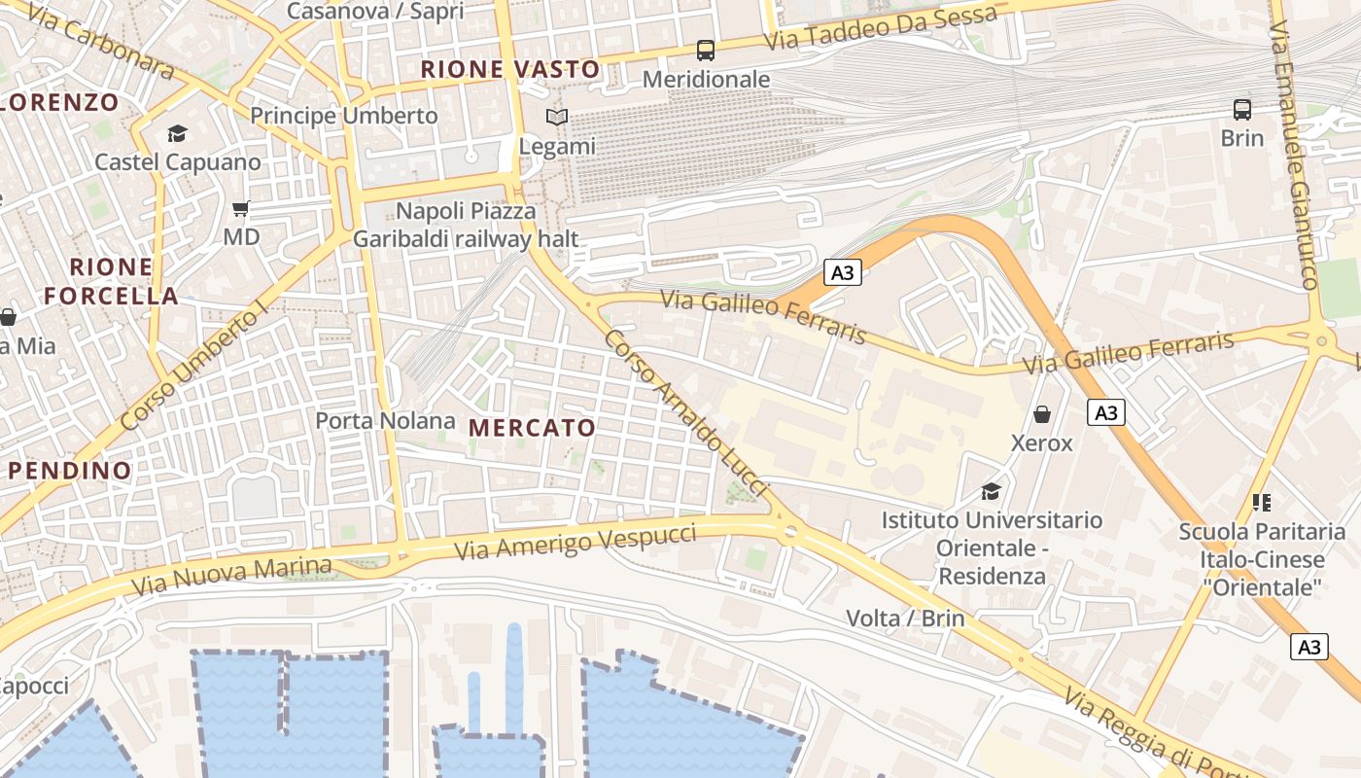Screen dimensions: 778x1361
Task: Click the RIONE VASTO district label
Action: pos(510,69)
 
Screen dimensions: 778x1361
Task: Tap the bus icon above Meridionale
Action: pos(706,51)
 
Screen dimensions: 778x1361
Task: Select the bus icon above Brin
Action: pos(1242,109)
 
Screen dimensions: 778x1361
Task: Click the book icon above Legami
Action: pos(556,118)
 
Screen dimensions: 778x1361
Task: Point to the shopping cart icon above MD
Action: pos(241,208)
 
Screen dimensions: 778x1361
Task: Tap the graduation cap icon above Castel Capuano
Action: pos(177,133)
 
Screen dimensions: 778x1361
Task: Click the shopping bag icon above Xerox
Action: pos(1042,414)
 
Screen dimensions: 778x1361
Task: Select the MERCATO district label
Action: pos(532,428)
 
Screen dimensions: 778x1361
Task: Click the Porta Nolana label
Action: pos(385,421)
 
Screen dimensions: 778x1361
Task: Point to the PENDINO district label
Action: pos(70,471)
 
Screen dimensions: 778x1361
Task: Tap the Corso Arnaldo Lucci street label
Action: pos(686,414)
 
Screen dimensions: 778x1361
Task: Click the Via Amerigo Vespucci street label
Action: pos(576,543)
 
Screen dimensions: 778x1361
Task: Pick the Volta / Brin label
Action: pos(905,619)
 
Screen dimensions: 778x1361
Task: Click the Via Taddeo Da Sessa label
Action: pos(881,29)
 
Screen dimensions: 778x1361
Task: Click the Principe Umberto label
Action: pos(344,116)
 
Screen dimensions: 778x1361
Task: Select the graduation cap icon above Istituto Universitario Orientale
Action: pos(992,491)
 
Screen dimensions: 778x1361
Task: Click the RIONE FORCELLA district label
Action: pos(112,281)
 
